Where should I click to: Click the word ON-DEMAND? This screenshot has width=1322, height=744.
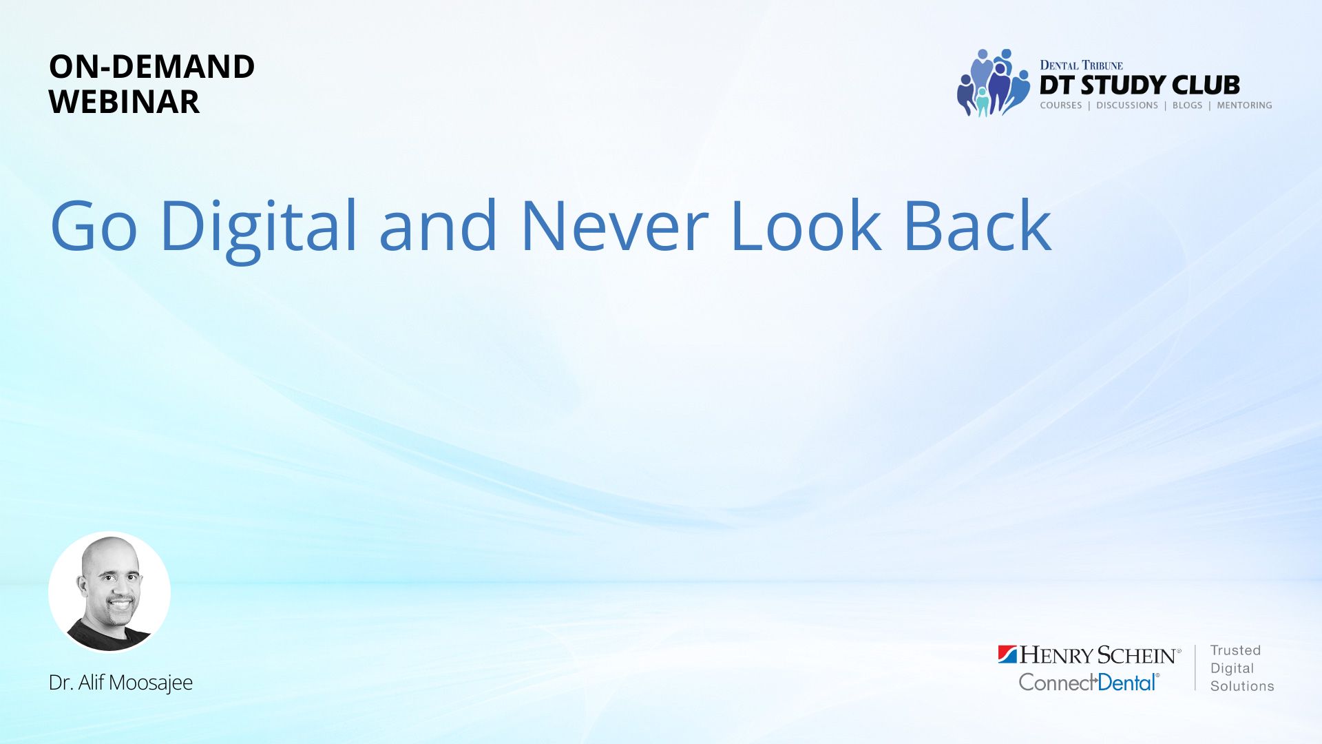point(151,67)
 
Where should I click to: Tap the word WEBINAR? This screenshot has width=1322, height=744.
point(124,102)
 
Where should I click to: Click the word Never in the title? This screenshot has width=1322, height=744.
point(615,226)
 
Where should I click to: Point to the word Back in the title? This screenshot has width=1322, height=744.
point(977,225)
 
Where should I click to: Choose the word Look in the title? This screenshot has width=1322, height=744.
point(806,225)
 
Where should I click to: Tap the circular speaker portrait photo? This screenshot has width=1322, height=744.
point(109,592)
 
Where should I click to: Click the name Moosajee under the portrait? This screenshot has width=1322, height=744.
point(151,683)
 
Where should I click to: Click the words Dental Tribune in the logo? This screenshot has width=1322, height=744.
point(1081,65)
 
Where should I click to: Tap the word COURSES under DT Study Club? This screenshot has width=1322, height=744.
point(1061,105)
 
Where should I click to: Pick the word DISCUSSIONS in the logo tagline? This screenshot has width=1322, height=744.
point(1127,105)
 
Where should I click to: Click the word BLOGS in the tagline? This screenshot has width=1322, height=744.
point(1187,105)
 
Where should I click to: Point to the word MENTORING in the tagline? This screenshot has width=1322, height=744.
point(1244,105)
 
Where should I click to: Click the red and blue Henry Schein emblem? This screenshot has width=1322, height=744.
point(1007,654)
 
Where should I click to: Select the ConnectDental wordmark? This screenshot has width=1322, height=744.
point(1089,682)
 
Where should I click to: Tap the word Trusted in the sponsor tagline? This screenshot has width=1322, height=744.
point(1235,650)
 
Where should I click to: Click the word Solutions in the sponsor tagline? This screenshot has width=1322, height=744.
point(1242,686)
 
